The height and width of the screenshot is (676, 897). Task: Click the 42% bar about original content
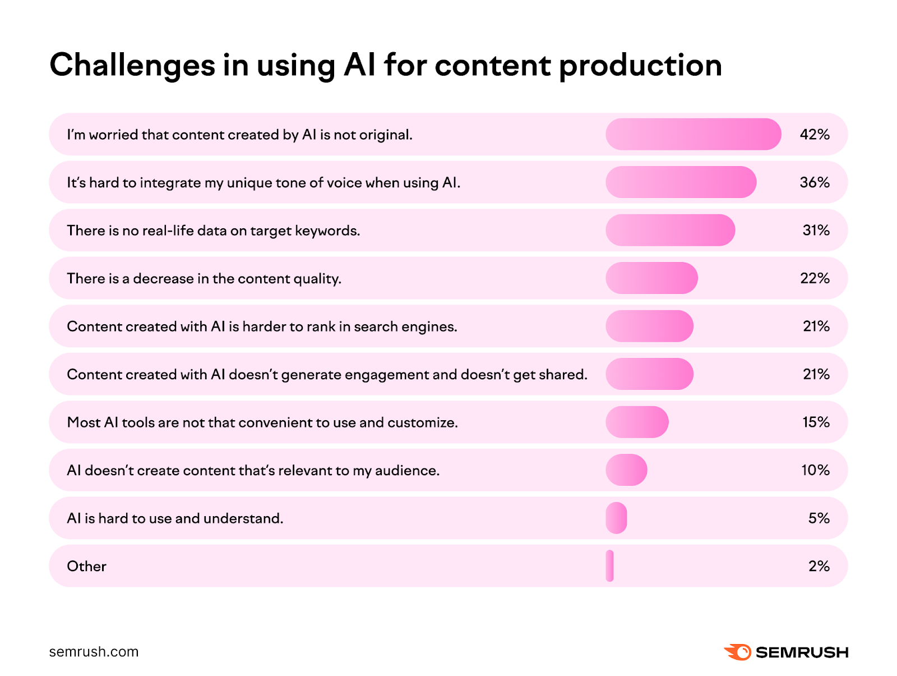tap(693, 135)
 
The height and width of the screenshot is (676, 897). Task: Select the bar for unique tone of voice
tap(681, 182)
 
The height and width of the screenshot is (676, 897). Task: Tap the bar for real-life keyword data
tap(670, 231)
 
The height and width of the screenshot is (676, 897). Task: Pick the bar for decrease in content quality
tap(651, 278)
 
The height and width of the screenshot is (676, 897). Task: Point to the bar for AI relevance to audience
tap(626, 470)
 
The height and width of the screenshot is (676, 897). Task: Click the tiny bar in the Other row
tap(610, 566)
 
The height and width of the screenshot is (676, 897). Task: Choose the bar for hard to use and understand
tap(616, 518)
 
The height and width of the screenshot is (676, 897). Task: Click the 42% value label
tap(815, 135)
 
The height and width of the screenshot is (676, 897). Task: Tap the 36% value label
tap(815, 182)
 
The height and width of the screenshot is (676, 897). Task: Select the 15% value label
tap(816, 422)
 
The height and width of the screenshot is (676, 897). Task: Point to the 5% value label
tap(819, 518)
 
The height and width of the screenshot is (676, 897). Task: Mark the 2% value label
tap(819, 566)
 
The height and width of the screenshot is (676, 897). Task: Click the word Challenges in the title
tap(132, 66)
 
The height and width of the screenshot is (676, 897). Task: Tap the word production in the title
tap(640, 66)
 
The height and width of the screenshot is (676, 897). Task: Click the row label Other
tap(86, 567)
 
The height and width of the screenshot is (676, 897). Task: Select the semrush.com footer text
tap(94, 652)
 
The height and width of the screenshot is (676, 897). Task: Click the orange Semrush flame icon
tap(738, 652)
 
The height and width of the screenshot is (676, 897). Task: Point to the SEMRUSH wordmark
tap(802, 652)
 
